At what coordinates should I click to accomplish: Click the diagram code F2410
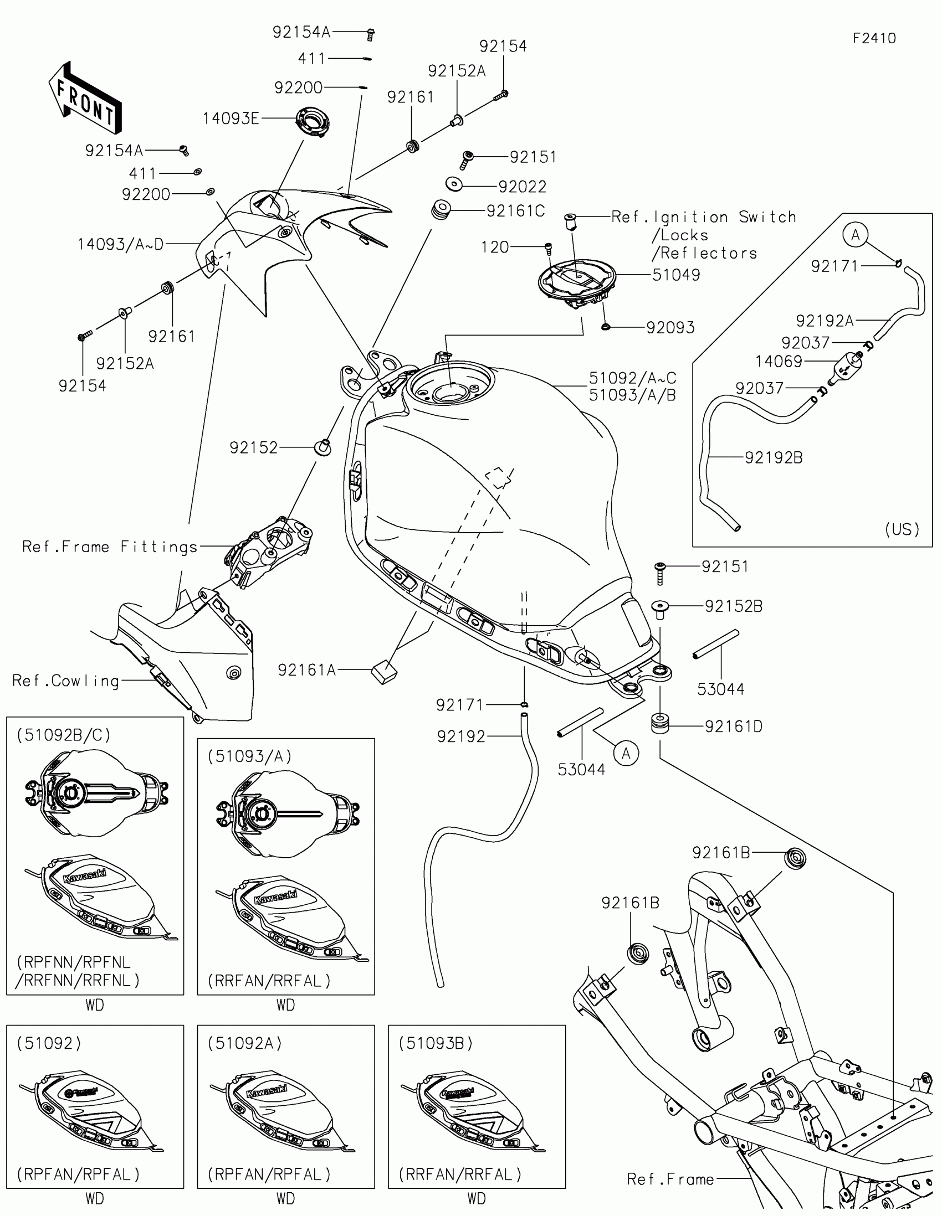pos(874,38)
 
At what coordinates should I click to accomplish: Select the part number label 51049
pos(675,275)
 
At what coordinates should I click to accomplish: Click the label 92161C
pos(515,211)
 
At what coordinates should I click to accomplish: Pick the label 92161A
pos(306,671)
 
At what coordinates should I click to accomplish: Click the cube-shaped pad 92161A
pos(384,672)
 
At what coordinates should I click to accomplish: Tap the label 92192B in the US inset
pos(773,458)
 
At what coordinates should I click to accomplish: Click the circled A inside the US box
pos(855,235)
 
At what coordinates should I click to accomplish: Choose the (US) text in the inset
pos(902,529)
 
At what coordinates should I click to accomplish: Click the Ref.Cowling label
pos(66,681)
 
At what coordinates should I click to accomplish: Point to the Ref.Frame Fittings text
pos(110,547)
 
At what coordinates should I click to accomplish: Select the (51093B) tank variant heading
pos(436,1043)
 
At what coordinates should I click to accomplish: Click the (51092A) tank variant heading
pos(245,1043)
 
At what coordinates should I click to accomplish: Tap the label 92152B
pos(733,606)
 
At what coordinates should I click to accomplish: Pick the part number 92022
pos(522,187)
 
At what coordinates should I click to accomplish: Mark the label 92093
pos(670,327)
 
